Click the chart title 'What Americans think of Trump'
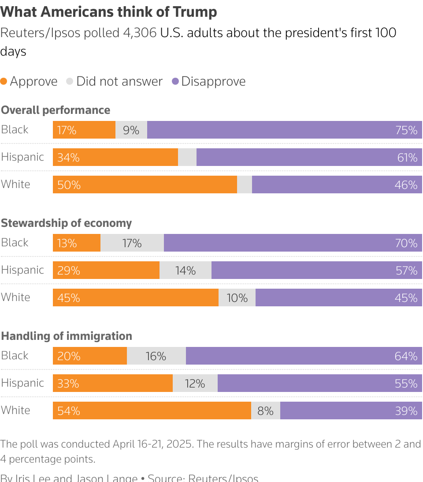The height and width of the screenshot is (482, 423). pos(109,12)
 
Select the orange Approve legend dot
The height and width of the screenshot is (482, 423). pos(4,81)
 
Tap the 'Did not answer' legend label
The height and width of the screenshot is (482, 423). pos(119,81)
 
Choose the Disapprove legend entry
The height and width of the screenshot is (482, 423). pos(213,81)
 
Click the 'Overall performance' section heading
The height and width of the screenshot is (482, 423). pos(56,110)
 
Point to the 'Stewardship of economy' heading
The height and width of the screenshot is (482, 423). pos(66,223)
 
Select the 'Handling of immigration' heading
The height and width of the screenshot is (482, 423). pos(67,336)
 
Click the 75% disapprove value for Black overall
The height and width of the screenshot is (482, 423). pos(406,130)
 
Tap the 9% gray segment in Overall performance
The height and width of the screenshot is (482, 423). pos(131,130)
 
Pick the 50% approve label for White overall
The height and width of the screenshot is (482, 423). pos(69,185)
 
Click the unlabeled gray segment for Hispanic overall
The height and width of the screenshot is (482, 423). pos(187,158)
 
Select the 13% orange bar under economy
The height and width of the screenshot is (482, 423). pos(77,243)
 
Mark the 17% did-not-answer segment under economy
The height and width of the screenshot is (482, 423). pos(132,243)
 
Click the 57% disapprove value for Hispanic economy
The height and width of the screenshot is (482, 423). pos(406,271)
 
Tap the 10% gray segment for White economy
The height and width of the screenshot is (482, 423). pos(237,298)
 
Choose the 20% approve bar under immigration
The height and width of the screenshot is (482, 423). pos(90,356)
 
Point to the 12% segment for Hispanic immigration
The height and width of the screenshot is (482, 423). pos(195,384)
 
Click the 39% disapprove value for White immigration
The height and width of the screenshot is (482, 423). pos(406,411)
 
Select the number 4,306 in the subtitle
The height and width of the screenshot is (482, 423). pos(140,33)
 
